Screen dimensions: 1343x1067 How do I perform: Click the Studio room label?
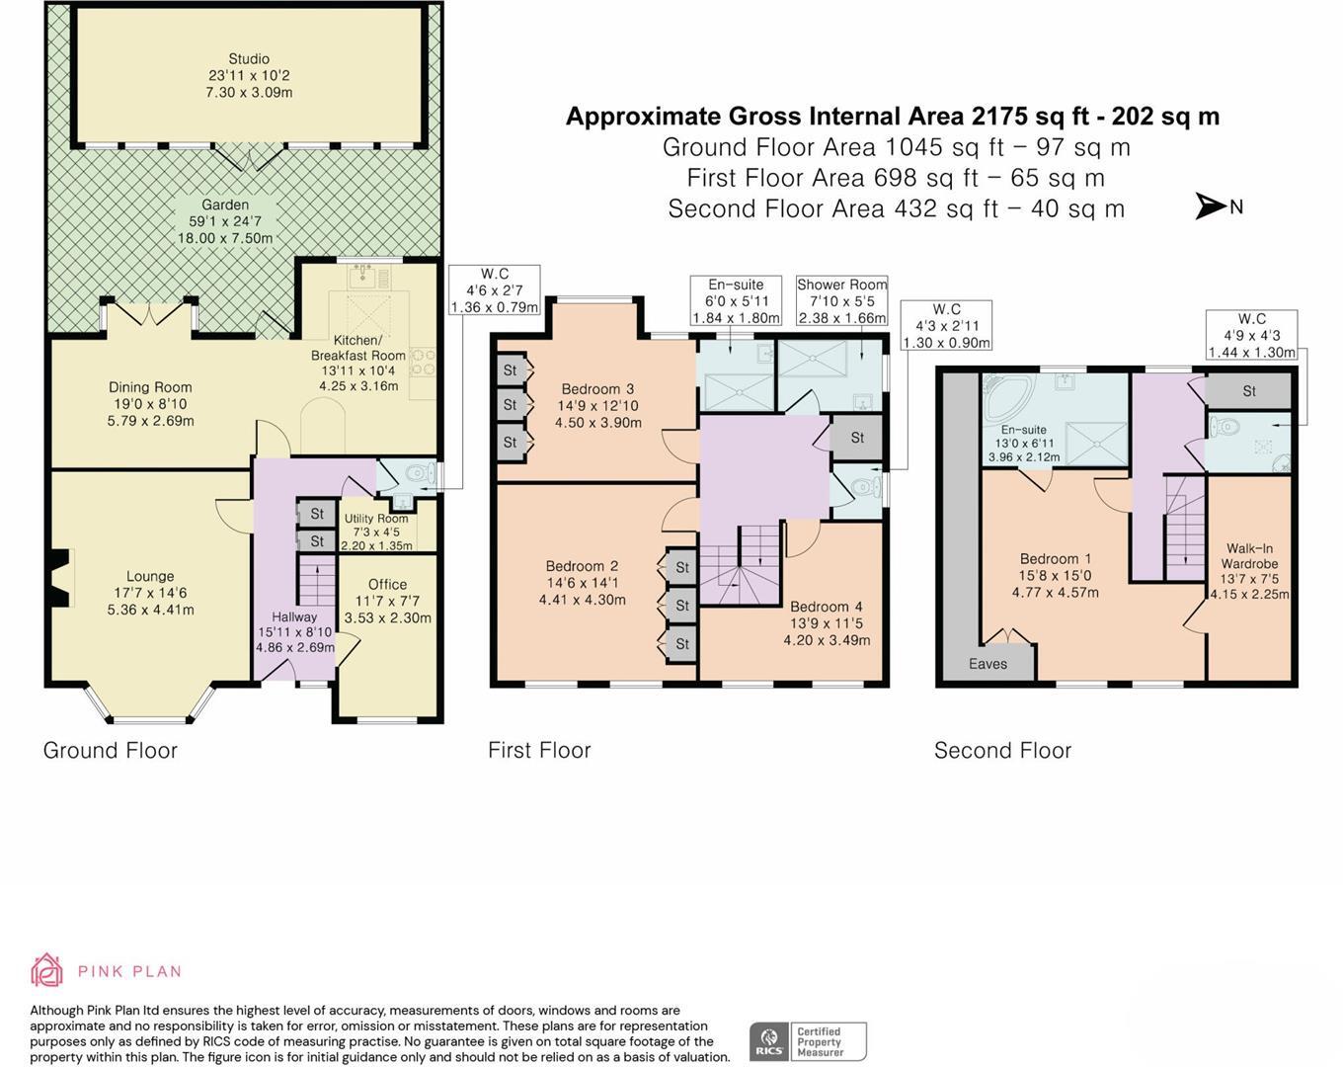point(249,58)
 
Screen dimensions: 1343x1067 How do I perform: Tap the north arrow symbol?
point(1210,206)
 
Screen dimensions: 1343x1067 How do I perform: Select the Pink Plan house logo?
point(46,969)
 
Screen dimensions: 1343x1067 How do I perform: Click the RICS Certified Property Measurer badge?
point(808,1041)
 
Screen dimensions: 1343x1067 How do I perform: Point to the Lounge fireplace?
point(60,578)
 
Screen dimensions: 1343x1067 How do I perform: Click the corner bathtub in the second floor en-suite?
point(1006,399)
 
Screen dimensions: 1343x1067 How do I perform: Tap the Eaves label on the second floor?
point(987,664)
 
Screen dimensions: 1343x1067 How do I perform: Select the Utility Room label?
point(376,519)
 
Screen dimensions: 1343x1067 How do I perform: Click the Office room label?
point(387,585)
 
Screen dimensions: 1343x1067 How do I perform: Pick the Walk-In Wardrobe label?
point(1249,555)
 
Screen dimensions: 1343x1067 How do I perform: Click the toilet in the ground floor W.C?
point(425,473)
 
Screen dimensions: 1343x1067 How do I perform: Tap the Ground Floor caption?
point(111,751)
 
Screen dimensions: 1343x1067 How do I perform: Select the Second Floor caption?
point(1003,751)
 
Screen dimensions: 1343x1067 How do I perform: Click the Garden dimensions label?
point(225,230)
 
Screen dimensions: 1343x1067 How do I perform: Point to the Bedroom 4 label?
point(827,607)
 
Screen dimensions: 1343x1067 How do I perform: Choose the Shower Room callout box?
point(842,301)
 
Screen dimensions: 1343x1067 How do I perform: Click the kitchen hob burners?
point(422,363)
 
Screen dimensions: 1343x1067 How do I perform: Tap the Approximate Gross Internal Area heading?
point(893,117)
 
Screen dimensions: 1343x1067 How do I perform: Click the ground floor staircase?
point(318,581)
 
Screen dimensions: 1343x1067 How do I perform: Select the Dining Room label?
point(150,387)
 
